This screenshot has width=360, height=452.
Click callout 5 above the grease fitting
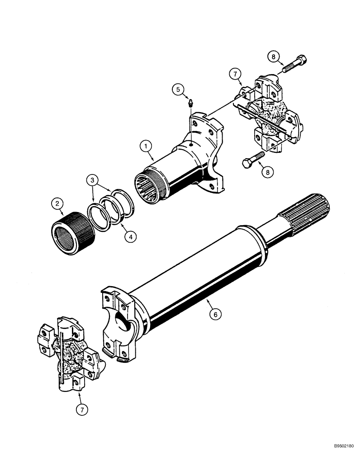179,89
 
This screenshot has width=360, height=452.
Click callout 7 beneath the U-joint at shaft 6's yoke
81,410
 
